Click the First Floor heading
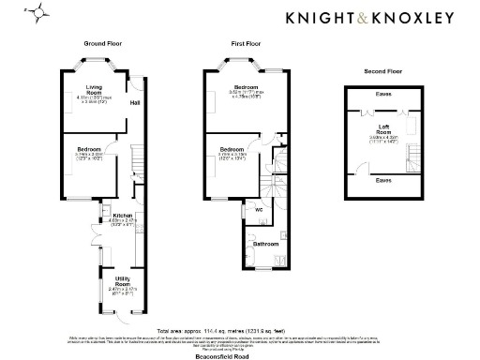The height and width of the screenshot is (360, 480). tap(247, 44)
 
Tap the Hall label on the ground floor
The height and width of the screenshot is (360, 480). tap(134, 102)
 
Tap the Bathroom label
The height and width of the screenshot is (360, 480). tap(266, 243)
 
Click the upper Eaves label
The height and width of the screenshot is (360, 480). tap(383, 93)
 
